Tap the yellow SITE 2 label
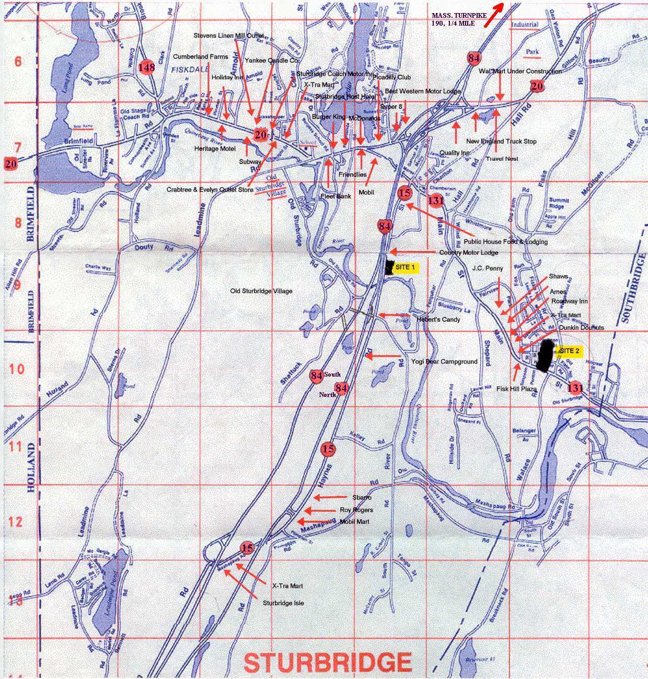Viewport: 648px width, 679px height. click(x=569, y=351)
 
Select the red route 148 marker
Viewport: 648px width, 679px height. click(x=147, y=67)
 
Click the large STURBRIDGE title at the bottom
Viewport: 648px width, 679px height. click(x=328, y=662)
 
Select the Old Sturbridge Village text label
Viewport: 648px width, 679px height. click(x=261, y=291)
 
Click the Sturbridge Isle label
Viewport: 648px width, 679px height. click(x=283, y=603)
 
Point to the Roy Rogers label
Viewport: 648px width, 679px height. click(x=356, y=510)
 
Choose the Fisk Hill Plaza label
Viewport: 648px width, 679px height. click(x=516, y=389)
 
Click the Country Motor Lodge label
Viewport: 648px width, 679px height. click(x=468, y=253)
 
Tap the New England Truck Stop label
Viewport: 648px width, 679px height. click(x=501, y=142)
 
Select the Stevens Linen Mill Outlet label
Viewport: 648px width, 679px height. click(x=228, y=36)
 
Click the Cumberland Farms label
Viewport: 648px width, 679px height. click(x=201, y=56)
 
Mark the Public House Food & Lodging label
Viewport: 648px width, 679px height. click(x=506, y=242)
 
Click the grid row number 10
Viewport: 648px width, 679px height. click(x=17, y=369)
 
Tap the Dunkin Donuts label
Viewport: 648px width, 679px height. click(x=581, y=327)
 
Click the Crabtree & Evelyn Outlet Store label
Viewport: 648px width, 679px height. click(x=210, y=190)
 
